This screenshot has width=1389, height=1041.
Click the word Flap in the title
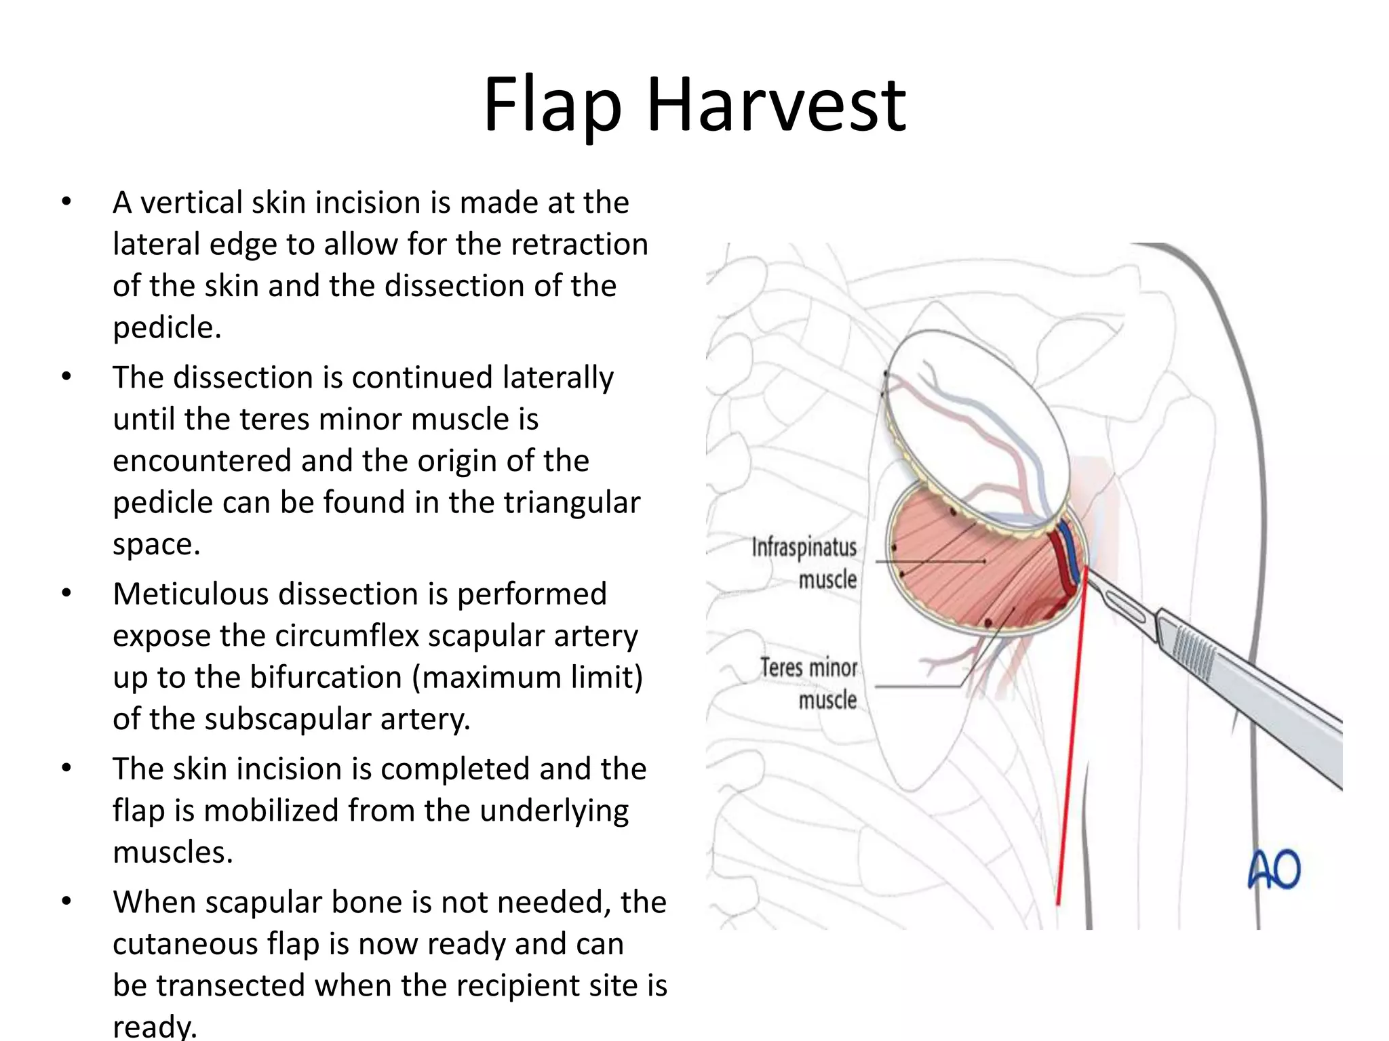click(x=552, y=106)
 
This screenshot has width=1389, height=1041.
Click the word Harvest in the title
click(x=776, y=106)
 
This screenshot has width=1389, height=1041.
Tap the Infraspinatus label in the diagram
click(x=804, y=548)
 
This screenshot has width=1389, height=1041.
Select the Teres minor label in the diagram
click(x=808, y=668)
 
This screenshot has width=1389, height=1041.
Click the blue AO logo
click(x=1274, y=870)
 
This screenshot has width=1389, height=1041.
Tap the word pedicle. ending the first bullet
click(x=167, y=328)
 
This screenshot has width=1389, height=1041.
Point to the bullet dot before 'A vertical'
click(x=66, y=202)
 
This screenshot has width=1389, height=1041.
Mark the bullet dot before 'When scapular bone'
click(x=66, y=901)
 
